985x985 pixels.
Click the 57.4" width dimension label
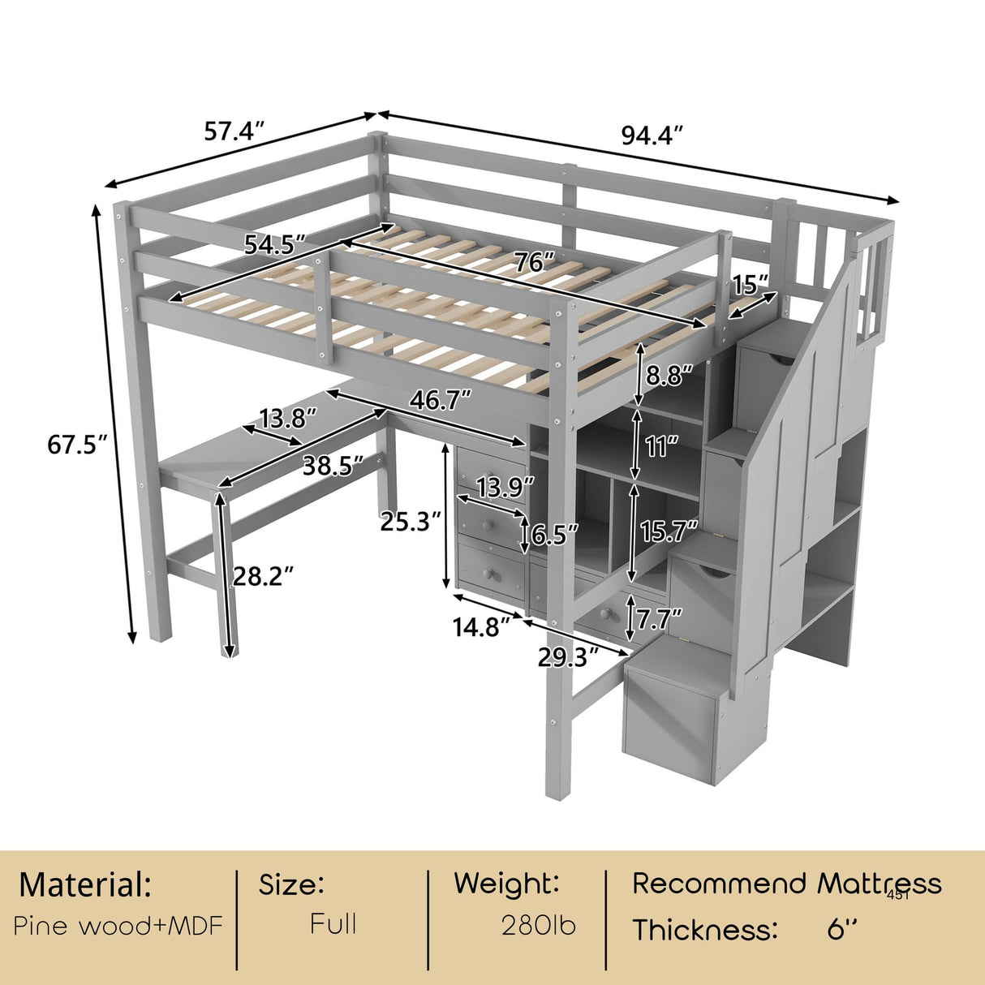(234, 131)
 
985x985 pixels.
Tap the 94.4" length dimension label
(652, 135)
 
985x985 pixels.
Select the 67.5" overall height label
(78, 445)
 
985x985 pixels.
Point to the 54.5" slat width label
(275, 244)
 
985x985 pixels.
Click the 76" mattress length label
(534, 262)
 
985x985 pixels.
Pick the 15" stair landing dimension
(750, 285)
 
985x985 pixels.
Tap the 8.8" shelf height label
(670, 376)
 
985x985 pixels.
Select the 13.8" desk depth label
(286, 419)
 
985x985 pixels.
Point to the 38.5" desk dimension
(332, 466)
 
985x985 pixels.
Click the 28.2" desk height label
(263, 577)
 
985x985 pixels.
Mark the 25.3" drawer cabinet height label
(411, 522)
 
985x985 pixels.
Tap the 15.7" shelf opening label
(669, 532)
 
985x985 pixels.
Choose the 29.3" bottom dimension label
(568, 656)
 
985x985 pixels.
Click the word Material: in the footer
(85, 885)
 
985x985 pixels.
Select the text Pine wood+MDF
(118, 926)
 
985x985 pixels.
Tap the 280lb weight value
(538, 926)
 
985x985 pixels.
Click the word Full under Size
(333, 924)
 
